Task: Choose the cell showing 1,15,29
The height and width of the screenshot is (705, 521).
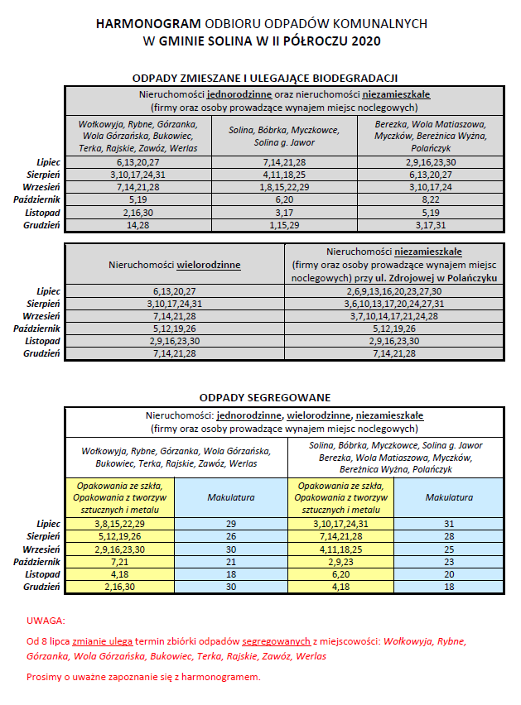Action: [x=284, y=224]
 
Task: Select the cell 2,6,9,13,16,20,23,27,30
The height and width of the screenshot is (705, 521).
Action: [x=393, y=292]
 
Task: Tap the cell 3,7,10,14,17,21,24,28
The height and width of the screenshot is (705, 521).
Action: [x=393, y=316]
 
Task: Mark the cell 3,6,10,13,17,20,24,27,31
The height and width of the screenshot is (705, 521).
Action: [x=393, y=305]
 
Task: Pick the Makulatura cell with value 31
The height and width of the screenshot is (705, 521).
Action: [x=449, y=524]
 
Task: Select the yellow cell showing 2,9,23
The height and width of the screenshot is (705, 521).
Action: [x=340, y=559]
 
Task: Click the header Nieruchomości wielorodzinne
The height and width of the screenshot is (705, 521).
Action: [x=174, y=265]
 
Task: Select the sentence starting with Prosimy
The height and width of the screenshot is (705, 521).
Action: [x=142, y=677]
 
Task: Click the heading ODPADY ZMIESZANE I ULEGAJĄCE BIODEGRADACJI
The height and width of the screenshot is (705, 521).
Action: [x=265, y=78]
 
